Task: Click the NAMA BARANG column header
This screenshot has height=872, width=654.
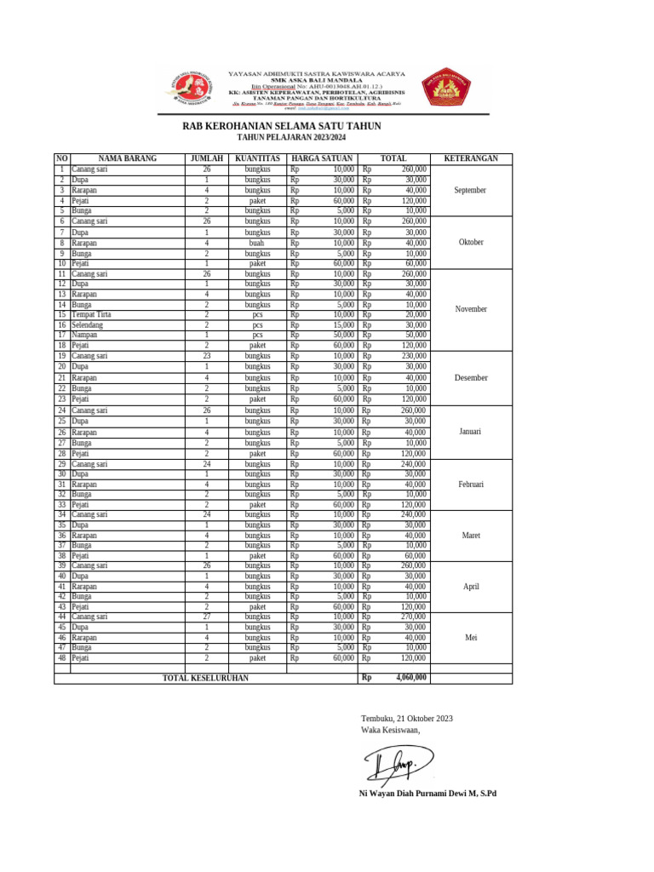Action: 128,158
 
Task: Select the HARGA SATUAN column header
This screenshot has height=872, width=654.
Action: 322,158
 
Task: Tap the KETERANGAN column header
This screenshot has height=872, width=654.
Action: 471,158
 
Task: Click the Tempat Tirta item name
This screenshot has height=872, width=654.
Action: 93,314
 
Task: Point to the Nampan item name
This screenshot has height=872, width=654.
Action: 85,335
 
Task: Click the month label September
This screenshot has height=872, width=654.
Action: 470,190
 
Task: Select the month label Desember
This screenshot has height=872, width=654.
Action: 471,377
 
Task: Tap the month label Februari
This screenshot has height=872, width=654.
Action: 471,484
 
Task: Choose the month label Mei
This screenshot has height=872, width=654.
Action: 471,637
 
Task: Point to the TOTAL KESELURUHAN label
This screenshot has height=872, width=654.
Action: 205,678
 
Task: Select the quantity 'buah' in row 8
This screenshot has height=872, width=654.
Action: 257,243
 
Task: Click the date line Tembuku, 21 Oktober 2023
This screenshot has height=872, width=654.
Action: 407,718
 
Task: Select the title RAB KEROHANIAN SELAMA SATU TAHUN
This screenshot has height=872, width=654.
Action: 282,126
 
